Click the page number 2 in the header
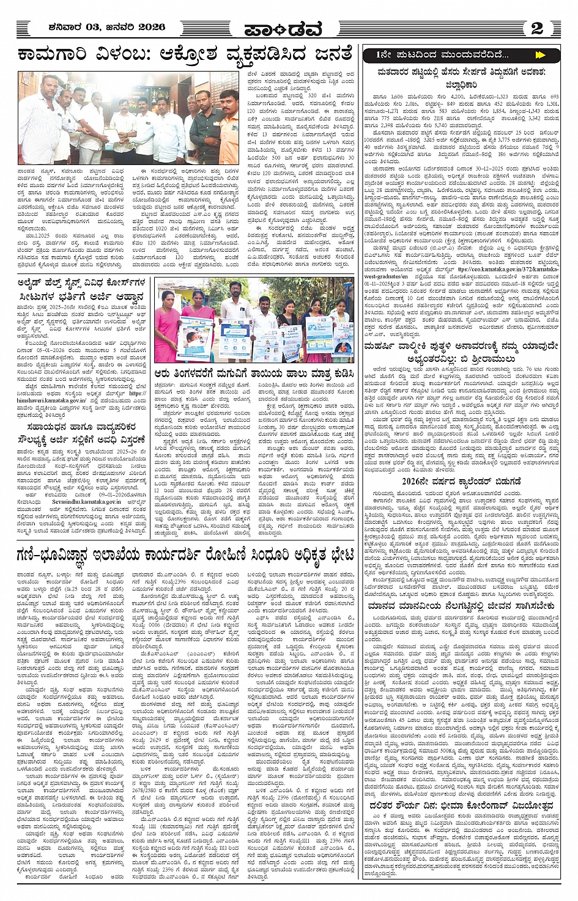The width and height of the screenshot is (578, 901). point(537,28)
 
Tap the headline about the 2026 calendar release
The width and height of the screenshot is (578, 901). point(469,480)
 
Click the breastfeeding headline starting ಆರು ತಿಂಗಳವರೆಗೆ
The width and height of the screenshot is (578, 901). point(254,371)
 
